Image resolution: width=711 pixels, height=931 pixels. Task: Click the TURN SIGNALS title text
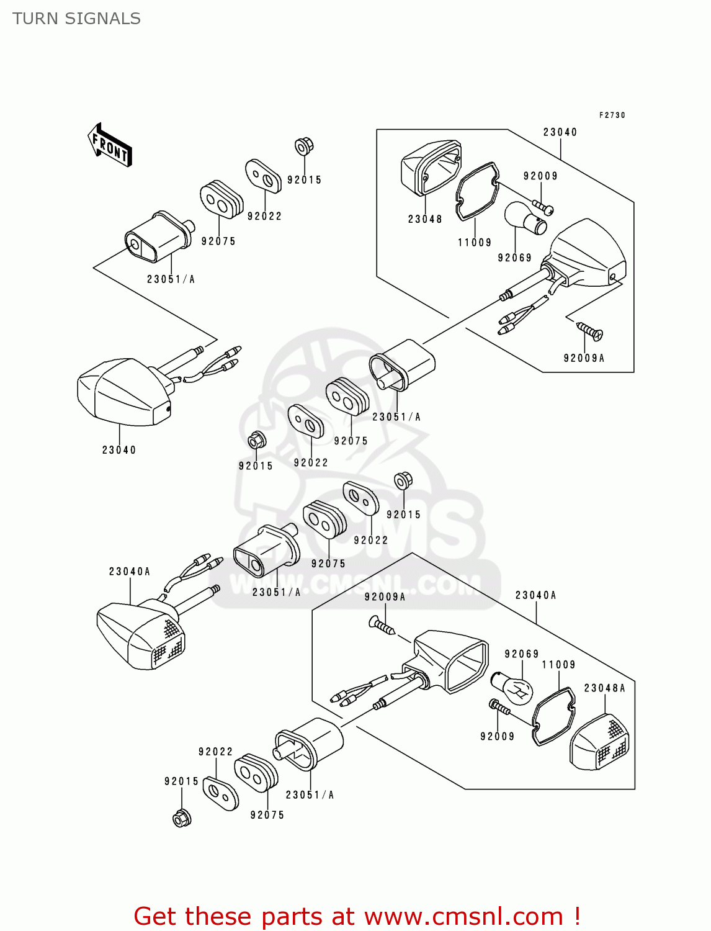(x=76, y=19)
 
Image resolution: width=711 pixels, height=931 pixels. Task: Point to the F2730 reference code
(x=612, y=115)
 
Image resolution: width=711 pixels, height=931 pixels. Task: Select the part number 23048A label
(x=604, y=688)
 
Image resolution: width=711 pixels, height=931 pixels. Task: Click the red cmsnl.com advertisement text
(x=357, y=916)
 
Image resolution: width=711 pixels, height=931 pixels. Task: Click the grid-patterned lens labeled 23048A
(x=600, y=743)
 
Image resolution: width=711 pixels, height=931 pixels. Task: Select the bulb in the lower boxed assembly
(x=512, y=688)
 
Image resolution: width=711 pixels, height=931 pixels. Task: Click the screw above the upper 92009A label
(x=589, y=331)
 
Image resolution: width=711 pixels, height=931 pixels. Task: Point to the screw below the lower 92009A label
(x=382, y=626)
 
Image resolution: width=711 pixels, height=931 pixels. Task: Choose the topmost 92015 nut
(x=303, y=146)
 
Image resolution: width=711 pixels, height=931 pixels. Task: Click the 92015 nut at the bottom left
(x=181, y=818)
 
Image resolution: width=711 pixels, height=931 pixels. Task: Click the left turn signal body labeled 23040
(x=124, y=391)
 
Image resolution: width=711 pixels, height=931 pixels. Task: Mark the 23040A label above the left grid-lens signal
(x=129, y=572)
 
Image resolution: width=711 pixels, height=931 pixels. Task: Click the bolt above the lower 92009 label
(x=499, y=707)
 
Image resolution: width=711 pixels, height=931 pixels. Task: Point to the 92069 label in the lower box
(x=521, y=654)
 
